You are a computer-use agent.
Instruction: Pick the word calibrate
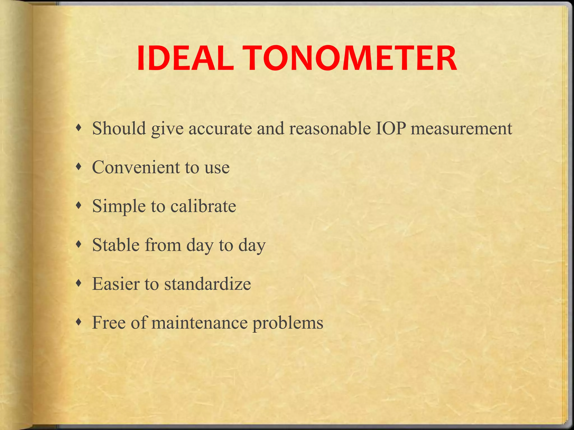click(203, 206)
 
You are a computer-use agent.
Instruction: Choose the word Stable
click(116, 245)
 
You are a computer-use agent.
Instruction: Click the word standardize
click(207, 284)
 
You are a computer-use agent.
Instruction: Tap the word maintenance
click(200, 323)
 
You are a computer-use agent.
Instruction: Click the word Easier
click(116, 284)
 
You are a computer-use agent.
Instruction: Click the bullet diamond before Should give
click(79, 128)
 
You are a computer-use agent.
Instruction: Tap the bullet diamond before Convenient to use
click(79, 167)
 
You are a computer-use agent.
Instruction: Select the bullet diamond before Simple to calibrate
click(79, 206)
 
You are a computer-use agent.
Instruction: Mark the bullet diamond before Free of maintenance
click(79, 322)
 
